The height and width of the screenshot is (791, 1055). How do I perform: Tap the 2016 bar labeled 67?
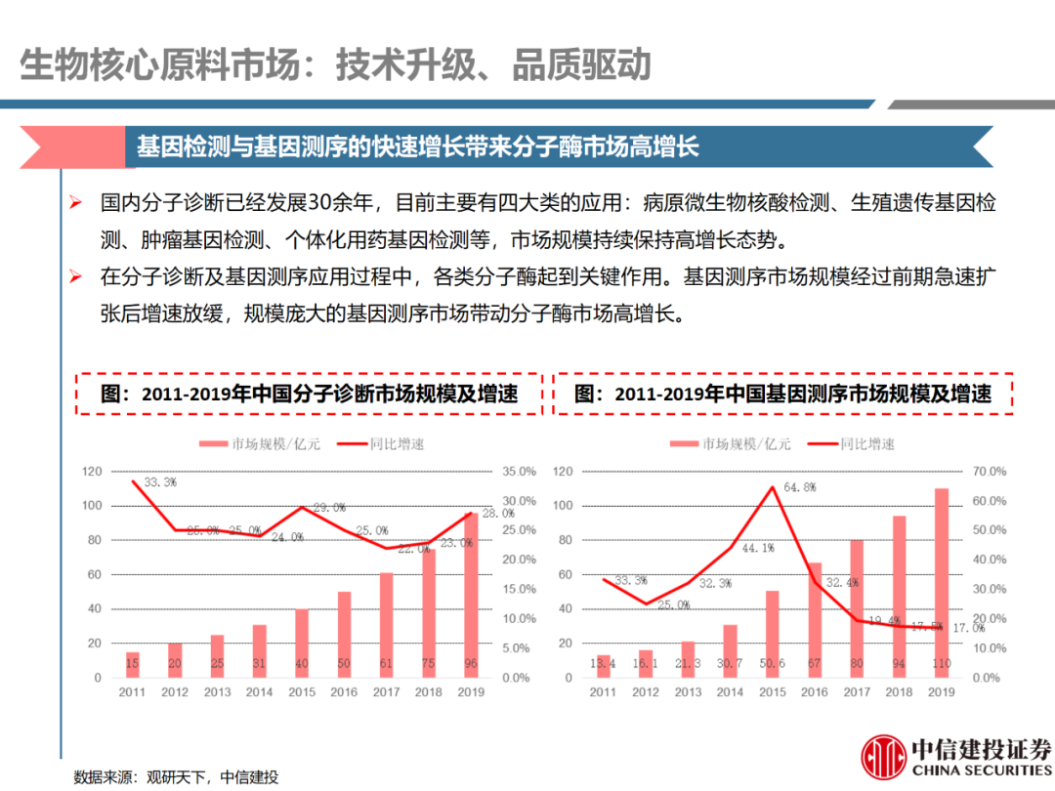814,620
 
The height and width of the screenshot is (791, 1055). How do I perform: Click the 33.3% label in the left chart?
160,482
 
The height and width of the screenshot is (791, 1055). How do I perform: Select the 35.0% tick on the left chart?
521,472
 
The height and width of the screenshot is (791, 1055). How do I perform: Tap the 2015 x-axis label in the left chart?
302,692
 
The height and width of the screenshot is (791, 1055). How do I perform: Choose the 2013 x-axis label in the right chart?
688,692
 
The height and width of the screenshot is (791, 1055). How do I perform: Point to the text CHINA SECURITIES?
982,770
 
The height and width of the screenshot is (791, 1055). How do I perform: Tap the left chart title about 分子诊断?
309,395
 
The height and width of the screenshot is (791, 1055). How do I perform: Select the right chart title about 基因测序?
783,395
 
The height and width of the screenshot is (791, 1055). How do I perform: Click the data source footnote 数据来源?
176,777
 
